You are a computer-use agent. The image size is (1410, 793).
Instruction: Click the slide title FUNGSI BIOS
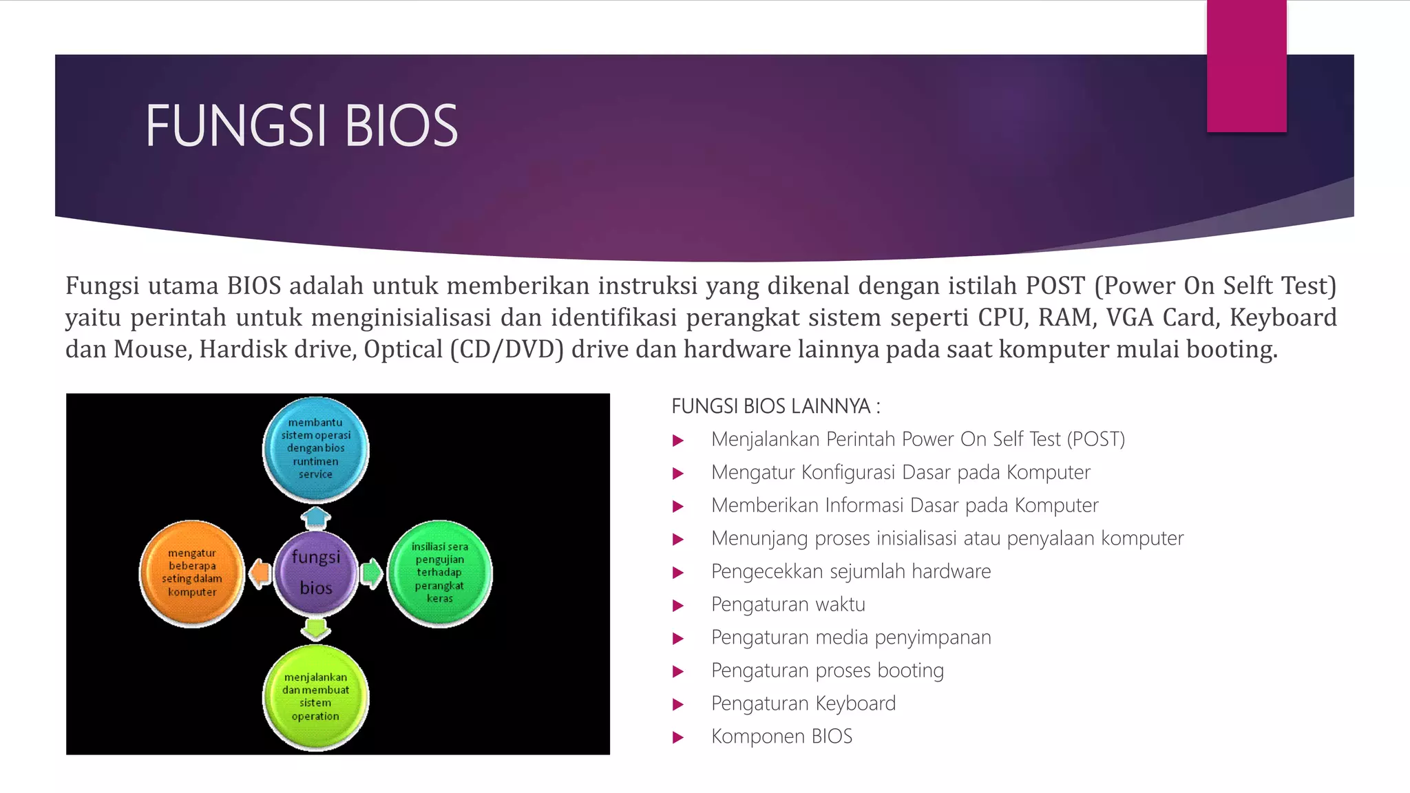[x=301, y=126]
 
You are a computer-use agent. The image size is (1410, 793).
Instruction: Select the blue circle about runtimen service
[x=316, y=448]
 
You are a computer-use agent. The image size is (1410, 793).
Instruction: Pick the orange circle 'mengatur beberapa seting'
[x=192, y=573]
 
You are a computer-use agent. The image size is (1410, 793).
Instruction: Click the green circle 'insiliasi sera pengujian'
[x=440, y=573]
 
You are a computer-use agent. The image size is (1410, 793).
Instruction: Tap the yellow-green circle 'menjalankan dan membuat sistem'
[x=316, y=697]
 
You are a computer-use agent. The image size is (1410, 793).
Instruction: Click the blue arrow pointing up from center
[x=316, y=517]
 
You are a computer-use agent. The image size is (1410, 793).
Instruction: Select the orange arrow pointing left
[x=260, y=573]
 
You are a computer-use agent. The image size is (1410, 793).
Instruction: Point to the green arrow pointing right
[x=372, y=573]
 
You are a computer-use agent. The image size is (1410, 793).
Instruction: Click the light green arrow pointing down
[x=316, y=628]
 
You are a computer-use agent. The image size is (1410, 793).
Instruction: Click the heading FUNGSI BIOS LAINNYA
[x=775, y=406]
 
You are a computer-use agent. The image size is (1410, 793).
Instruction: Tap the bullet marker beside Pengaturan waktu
[x=678, y=605]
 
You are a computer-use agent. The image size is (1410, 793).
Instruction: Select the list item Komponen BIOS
[x=781, y=736]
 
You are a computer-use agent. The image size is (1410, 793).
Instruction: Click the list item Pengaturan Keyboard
[x=803, y=703]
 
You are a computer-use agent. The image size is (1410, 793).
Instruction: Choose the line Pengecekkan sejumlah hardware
[x=851, y=571]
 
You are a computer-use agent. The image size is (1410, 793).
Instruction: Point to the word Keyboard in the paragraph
[x=1283, y=317]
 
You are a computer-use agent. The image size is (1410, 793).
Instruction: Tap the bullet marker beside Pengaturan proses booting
[x=678, y=671]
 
